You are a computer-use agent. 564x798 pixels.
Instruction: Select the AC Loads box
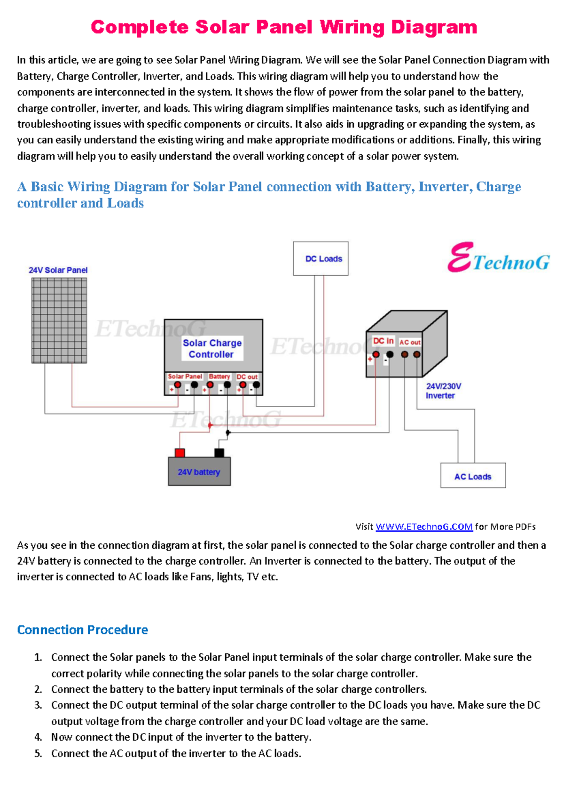[x=473, y=476]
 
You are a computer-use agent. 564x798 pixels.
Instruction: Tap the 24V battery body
[x=199, y=471]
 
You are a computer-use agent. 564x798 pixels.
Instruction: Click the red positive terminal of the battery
[x=180, y=453]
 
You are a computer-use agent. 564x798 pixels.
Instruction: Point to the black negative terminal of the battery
[x=219, y=453]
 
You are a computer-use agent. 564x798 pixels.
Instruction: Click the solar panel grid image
[x=59, y=320]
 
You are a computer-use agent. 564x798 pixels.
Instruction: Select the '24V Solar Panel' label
[x=58, y=270]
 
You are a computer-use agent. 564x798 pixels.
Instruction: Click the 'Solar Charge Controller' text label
[x=212, y=349]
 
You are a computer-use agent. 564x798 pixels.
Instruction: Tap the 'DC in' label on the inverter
[x=383, y=341]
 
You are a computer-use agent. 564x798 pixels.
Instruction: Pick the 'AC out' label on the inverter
[x=410, y=342]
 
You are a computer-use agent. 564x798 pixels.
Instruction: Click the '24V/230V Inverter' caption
[x=443, y=391]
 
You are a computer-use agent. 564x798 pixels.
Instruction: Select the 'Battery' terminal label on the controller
[x=219, y=376]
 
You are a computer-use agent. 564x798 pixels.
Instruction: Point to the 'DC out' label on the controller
[x=247, y=376]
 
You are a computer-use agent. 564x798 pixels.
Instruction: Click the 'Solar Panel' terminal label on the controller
[x=185, y=376]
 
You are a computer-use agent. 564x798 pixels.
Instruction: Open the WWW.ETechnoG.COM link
[x=424, y=527]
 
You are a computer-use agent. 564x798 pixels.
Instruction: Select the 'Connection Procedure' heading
[x=82, y=630]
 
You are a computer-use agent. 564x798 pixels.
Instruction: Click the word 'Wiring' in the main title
[x=352, y=27]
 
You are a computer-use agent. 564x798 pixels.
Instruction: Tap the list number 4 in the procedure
[x=38, y=737]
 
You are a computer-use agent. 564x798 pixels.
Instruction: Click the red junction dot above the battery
[x=210, y=425]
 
